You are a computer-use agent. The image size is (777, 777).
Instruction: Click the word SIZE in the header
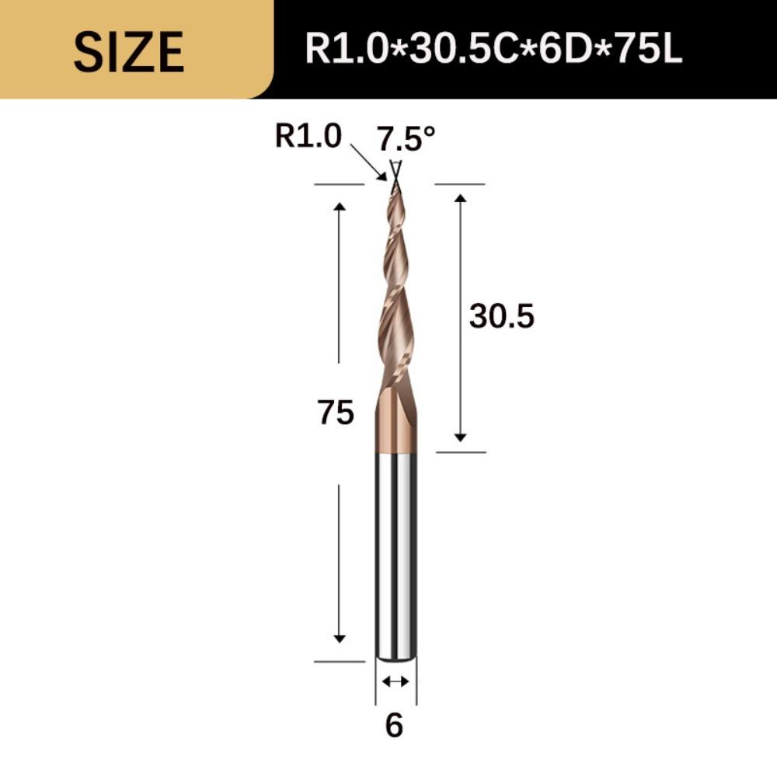(x=129, y=51)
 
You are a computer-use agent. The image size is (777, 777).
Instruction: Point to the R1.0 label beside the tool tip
(x=308, y=137)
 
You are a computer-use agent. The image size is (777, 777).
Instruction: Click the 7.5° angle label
(x=406, y=139)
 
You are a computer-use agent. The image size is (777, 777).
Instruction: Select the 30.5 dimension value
(x=501, y=317)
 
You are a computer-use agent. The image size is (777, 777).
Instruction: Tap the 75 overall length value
(x=336, y=413)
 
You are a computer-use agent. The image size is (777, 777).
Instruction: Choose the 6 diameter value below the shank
(x=394, y=726)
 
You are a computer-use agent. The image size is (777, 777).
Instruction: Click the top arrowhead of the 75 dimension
(x=340, y=206)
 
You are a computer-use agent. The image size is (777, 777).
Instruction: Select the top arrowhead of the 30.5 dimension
(x=461, y=199)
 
